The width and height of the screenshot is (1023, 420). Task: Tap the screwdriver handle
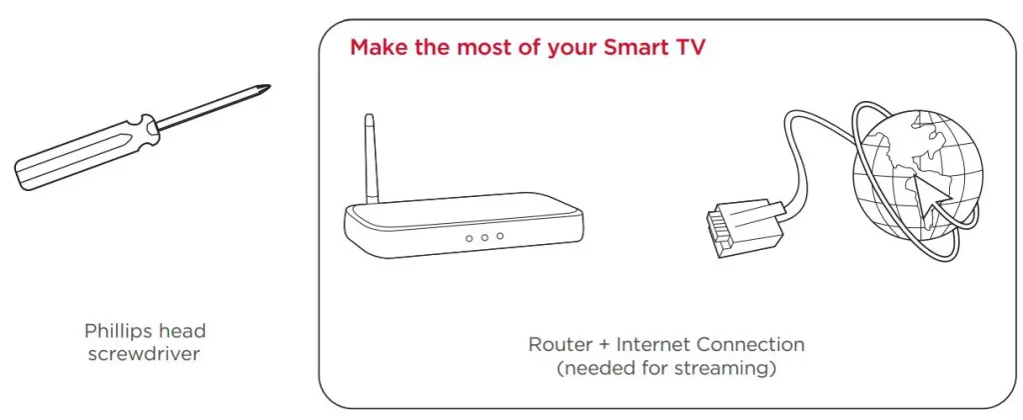[x=85, y=152]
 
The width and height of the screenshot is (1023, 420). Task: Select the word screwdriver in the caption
[x=144, y=355]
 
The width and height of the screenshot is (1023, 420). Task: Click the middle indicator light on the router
[x=485, y=238]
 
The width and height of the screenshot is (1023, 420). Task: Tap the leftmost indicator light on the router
[x=470, y=239]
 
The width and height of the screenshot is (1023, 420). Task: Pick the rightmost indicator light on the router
[x=500, y=236]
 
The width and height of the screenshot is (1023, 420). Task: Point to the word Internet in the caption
[x=653, y=344]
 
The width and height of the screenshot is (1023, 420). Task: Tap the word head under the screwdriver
[x=188, y=331]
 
